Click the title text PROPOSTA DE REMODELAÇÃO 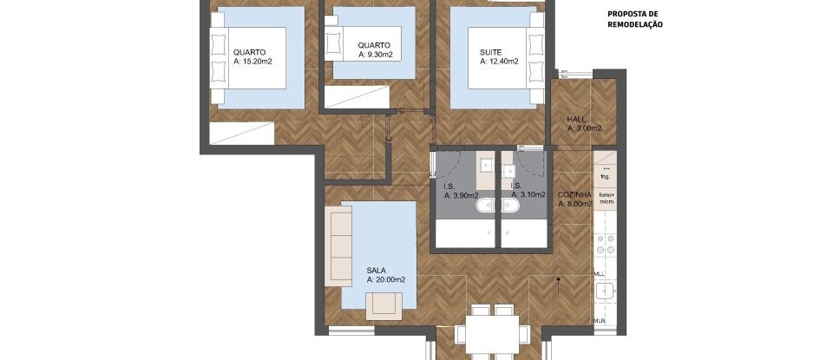(634, 20)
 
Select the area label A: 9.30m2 (375, 55)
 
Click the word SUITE (491, 51)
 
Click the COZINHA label (574, 194)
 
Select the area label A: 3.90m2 (460, 196)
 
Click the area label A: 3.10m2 (528, 196)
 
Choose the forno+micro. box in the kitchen (605, 199)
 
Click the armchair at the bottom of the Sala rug (384, 304)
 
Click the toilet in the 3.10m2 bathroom (509, 206)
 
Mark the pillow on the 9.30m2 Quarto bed (332, 41)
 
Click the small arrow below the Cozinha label (558, 279)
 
